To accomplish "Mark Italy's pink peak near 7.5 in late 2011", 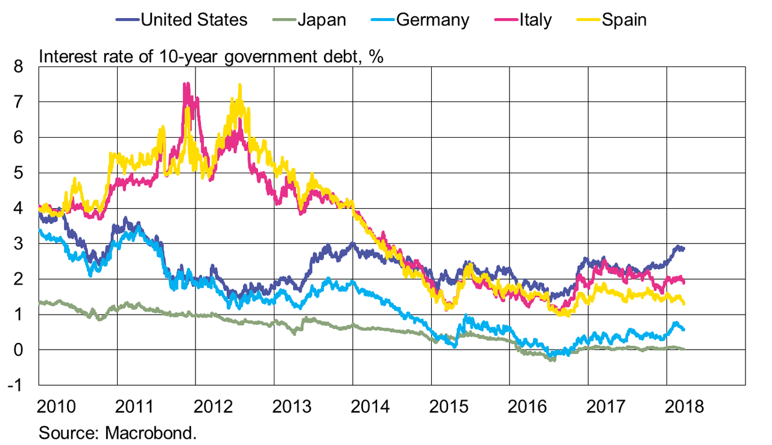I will pos(186,84).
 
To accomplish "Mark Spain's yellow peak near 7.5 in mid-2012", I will pos(240,85).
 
